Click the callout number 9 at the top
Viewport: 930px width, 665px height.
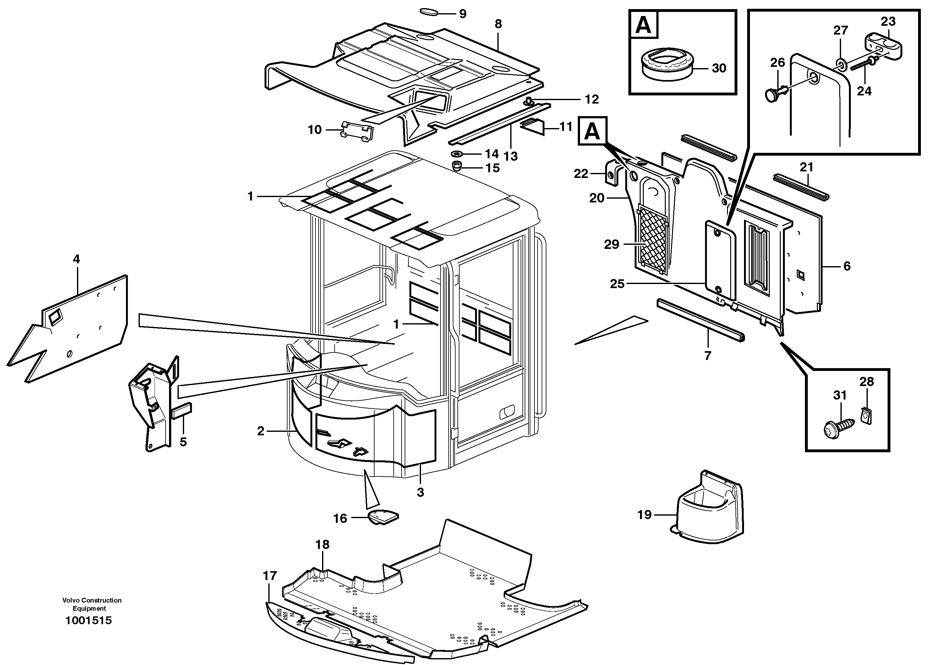click(462, 14)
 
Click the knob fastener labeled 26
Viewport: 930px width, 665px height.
click(773, 95)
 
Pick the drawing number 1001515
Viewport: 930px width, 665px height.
click(89, 621)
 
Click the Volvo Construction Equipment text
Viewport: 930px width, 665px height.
click(92, 604)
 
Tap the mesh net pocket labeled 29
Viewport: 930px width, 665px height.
click(654, 242)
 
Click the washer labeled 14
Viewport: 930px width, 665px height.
click(456, 154)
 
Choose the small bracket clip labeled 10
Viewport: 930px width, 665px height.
click(357, 131)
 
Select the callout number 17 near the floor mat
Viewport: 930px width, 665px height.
click(270, 576)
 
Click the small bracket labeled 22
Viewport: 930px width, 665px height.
click(612, 174)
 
